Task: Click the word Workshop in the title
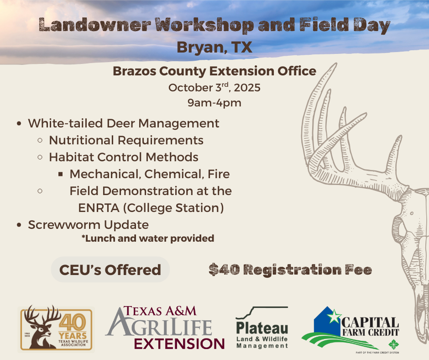(204, 25)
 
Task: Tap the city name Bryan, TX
(214, 47)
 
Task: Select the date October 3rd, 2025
(214, 87)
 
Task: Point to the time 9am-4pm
(214, 103)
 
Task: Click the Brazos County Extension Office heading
(214, 71)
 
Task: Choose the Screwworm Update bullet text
(89, 225)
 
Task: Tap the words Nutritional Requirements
(126, 140)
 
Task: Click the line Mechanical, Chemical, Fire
(150, 174)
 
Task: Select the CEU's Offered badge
(110, 270)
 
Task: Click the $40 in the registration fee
(224, 270)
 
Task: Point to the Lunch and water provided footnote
(148, 238)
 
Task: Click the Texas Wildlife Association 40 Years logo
(56, 329)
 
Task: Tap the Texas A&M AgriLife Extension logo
(165, 328)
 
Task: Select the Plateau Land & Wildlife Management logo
(262, 328)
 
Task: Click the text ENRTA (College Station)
(151, 208)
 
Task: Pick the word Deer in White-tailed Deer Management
(120, 123)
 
